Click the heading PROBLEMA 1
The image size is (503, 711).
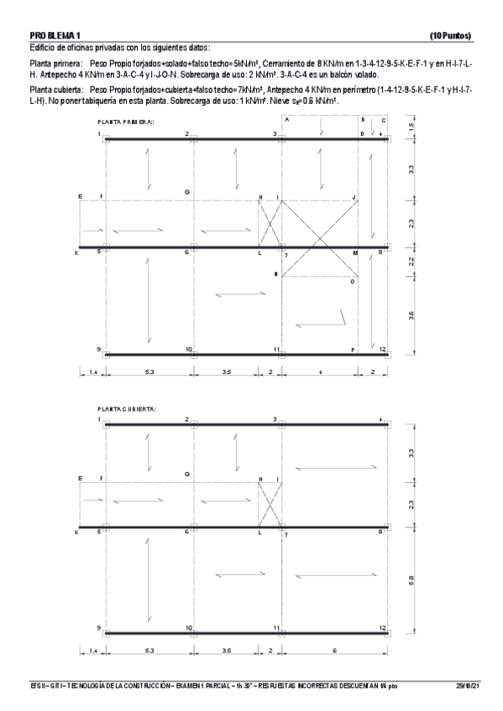point(55,36)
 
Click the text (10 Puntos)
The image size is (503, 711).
point(450,36)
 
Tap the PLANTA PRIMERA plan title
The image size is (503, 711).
point(126,122)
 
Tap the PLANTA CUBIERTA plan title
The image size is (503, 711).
point(126,408)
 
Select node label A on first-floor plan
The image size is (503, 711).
point(286,120)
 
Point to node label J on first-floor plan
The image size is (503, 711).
point(355,197)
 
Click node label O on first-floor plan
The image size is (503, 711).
point(353,283)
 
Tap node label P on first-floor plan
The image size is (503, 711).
point(353,349)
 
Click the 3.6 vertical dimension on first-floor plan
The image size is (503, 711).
point(410,314)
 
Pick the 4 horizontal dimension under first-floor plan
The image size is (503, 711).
point(320,370)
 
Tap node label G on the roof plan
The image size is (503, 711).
point(187,475)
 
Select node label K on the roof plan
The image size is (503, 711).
point(77,532)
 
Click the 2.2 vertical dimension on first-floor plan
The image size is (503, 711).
point(410,261)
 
